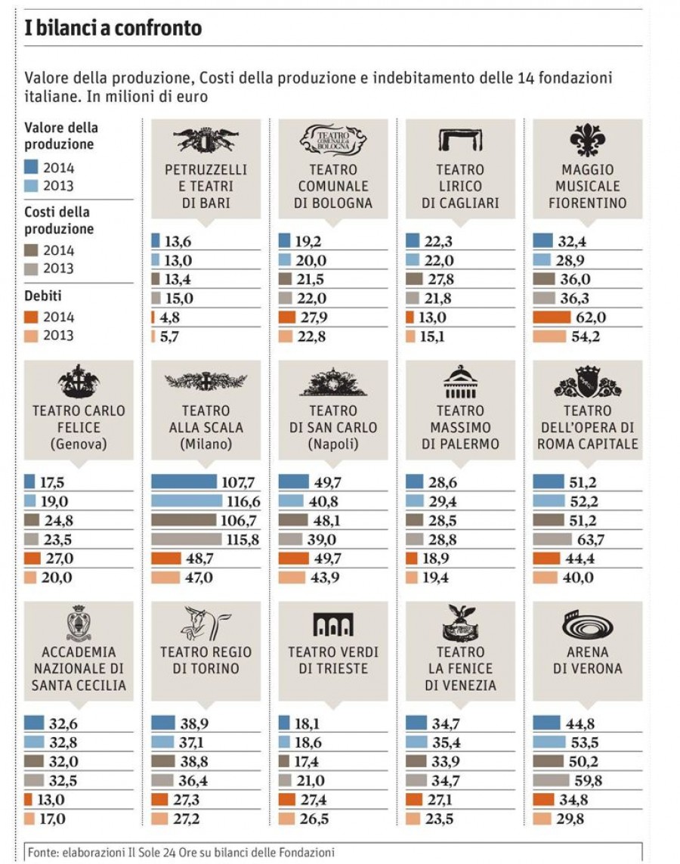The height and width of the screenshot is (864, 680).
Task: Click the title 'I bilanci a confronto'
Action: click(113, 29)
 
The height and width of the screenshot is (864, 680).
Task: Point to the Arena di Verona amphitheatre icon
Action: click(587, 626)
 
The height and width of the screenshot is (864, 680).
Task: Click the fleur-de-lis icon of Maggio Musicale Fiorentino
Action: click(587, 141)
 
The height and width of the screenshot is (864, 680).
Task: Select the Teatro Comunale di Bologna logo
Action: click(333, 141)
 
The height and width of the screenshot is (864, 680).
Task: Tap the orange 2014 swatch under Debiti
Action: click(32, 317)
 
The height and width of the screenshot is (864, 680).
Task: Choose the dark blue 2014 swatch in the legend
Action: click(32, 167)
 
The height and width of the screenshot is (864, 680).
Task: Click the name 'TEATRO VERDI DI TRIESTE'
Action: click(333, 660)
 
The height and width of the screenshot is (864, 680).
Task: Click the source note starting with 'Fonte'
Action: click(181, 852)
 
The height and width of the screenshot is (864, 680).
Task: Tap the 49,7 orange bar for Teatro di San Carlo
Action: click(294, 559)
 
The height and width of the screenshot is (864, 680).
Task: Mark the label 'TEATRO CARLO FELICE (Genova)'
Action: click(79, 428)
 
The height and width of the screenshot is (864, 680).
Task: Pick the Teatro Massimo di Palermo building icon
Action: click(460, 383)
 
